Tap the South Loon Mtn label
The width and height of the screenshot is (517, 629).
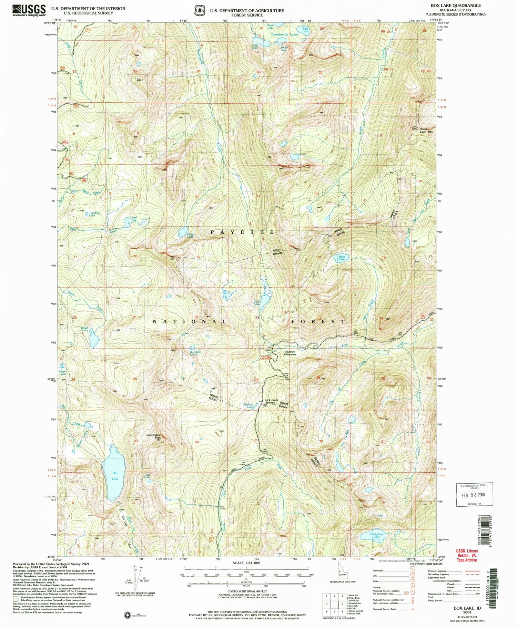426,131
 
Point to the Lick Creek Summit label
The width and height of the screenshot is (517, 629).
272,402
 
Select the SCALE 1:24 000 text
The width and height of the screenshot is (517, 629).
246,563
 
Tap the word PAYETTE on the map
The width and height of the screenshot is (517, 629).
242,232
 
